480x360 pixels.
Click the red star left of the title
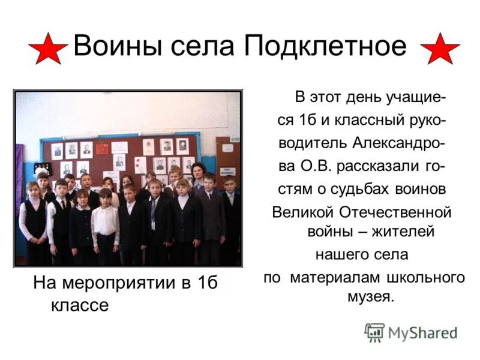pos(47,49)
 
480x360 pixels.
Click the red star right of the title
pos(440,49)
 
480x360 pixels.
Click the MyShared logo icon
pos(374,332)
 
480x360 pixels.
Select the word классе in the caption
pos(80,305)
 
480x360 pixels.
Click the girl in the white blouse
pos(105,219)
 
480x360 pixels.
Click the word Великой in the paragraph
pos(304,212)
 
